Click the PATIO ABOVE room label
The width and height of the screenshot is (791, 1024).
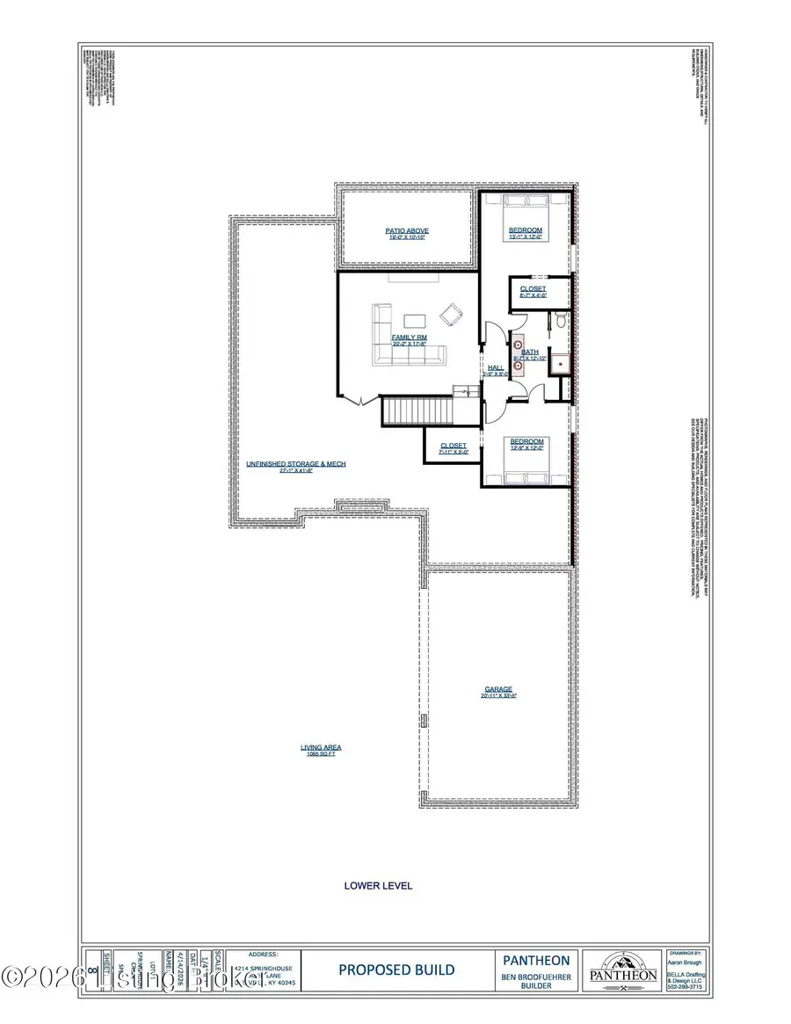pos(406,231)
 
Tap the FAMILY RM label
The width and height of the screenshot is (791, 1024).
pos(410,338)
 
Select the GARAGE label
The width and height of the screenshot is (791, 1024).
pos(498,690)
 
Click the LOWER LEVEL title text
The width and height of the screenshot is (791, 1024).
pos(378,885)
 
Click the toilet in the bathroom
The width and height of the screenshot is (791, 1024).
pos(558,324)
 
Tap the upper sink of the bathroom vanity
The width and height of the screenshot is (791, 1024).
pos(518,345)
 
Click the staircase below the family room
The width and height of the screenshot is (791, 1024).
pos(417,410)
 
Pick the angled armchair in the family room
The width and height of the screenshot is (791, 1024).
pos(452,314)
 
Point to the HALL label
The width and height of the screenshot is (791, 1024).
pos(496,368)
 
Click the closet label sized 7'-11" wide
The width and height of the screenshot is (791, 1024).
pos(454,447)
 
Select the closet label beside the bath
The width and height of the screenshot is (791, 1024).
pos(533,289)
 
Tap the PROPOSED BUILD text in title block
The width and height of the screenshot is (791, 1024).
pos(396,970)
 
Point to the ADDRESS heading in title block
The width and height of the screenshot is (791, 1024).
pos(264,953)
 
